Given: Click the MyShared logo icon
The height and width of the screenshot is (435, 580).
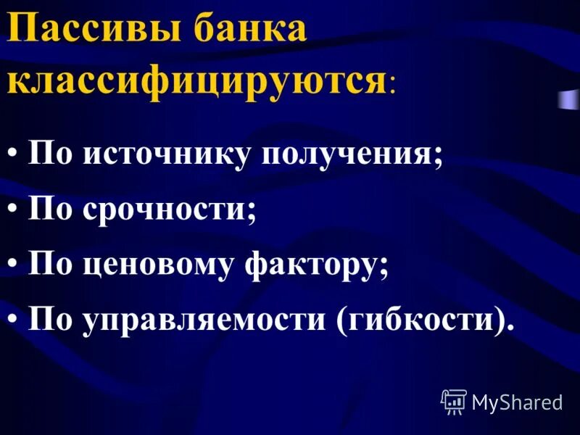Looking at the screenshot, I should click(453, 401).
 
